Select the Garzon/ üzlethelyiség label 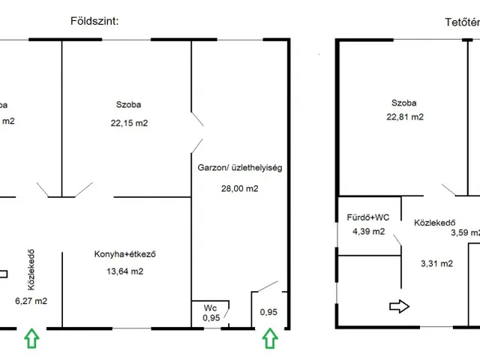pos(240,169)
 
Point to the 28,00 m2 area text pos(239,189)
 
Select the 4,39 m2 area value pos(368,232)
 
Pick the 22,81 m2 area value pos(405,117)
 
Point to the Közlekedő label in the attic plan pos(436,223)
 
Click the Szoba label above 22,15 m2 pos(128,104)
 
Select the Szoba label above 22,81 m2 pos(403,103)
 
